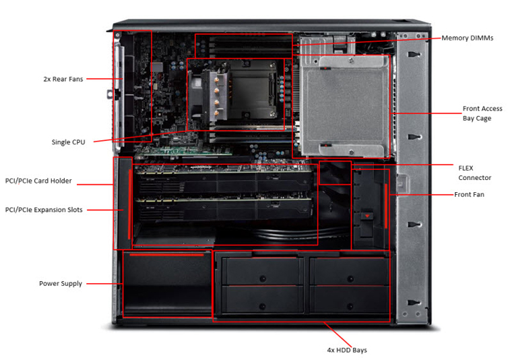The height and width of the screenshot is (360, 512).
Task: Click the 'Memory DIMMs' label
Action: (x=467, y=38)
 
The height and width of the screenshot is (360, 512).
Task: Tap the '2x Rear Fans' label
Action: (x=63, y=79)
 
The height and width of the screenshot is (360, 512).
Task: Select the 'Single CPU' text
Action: (x=68, y=142)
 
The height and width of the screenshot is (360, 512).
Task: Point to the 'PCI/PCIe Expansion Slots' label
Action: (x=44, y=210)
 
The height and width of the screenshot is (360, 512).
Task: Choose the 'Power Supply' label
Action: (x=61, y=284)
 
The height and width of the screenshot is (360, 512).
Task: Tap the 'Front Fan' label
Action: (x=469, y=194)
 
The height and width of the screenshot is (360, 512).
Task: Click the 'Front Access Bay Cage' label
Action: (x=482, y=113)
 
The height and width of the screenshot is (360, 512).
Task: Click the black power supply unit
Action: (x=166, y=283)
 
